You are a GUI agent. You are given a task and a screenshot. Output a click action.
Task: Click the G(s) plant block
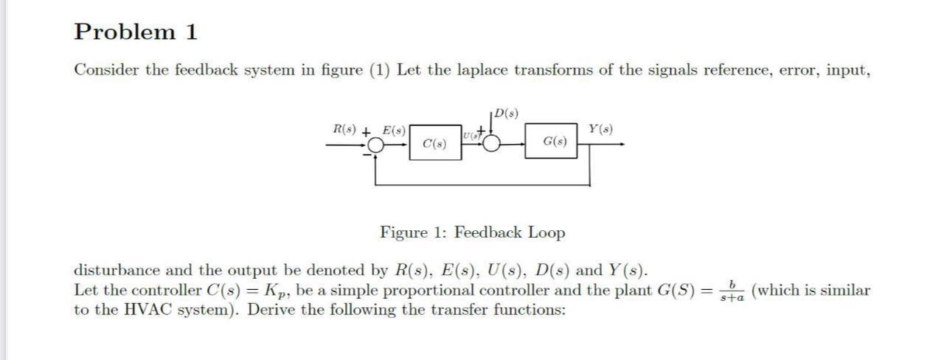coord(555,141)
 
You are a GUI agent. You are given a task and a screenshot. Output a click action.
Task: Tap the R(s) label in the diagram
coord(343,130)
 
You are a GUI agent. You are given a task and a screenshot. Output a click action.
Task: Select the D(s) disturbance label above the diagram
coord(507,114)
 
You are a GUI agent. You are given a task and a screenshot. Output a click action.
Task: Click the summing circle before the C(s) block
coord(377,146)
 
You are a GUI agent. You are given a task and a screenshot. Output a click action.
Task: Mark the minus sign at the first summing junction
coord(367,155)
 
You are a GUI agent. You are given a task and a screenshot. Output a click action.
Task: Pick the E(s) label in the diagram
coord(393,131)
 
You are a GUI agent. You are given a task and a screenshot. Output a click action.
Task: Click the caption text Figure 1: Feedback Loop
coord(473,232)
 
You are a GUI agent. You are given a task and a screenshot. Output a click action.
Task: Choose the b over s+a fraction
coord(731,290)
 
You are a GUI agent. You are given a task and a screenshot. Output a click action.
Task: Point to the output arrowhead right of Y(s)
coord(624,145)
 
